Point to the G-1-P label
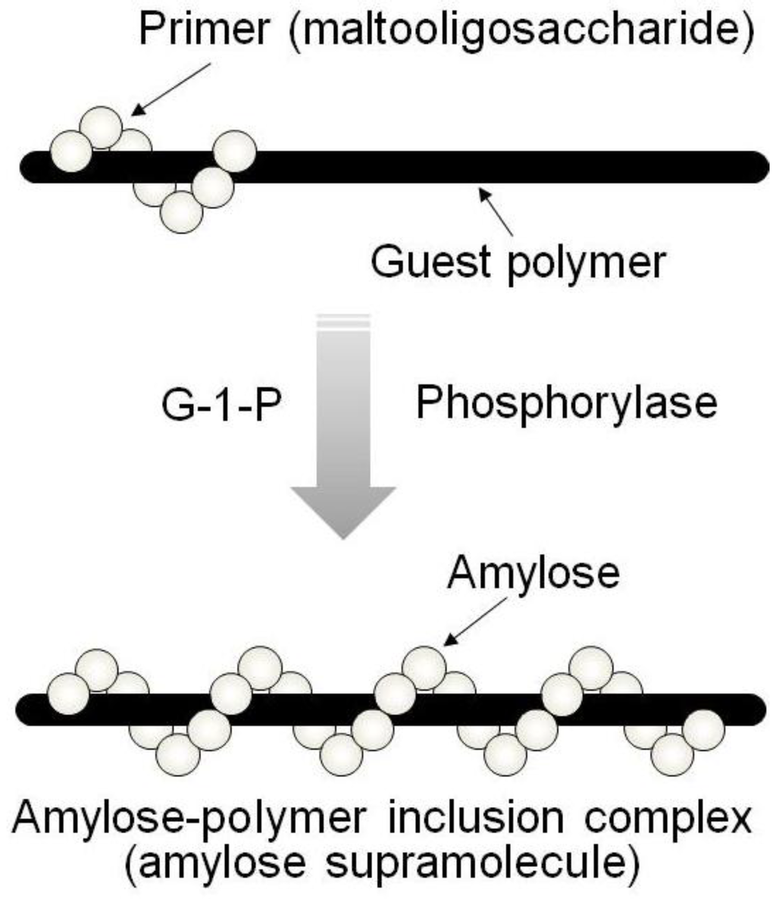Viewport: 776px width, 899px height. (x=221, y=403)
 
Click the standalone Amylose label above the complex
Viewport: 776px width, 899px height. (x=533, y=574)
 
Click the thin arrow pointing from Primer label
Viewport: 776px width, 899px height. (x=171, y=89)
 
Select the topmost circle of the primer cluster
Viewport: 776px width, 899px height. (x=101, y=127)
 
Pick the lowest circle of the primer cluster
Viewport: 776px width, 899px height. (x=182, y=211)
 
